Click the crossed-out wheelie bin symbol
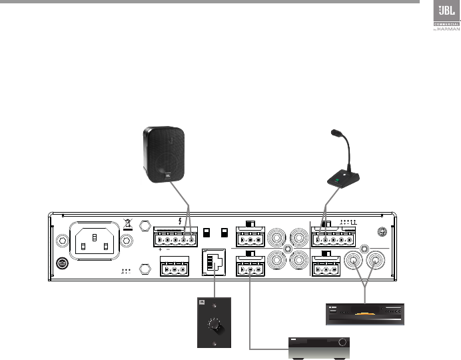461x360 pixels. (129, 225)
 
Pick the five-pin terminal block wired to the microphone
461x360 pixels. (332, 237)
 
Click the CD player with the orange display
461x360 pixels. (364, 313)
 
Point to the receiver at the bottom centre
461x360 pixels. (318, 348)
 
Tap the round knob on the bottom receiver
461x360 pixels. (343, 343)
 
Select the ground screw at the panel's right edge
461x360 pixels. (382, 233)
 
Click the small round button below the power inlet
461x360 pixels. (62, 264)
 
